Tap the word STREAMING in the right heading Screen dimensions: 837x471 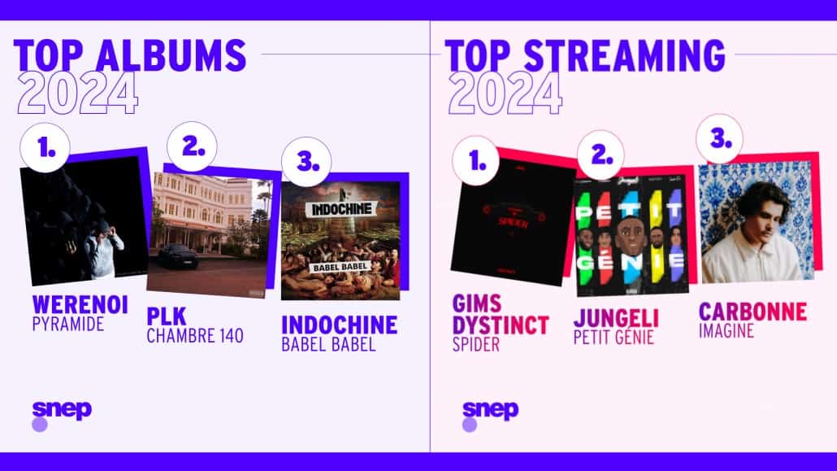coord(624,55)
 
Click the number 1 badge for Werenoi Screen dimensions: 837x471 coord(45,147)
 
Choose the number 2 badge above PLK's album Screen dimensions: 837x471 coord(192,146)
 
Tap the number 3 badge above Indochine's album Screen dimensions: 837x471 coord(306,161)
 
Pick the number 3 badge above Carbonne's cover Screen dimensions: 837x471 coord(719,139)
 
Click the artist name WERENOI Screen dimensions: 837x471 coord(80,305)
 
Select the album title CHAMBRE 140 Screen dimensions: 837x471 coord(195,336)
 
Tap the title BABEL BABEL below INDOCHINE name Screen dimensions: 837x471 coord(328,344)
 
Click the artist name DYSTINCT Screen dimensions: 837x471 coord(501,325)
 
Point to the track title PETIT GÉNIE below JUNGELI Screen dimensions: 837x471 coord(614,338)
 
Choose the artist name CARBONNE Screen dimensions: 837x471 coord(752,312)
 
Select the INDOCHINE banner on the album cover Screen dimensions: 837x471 coord(341,208)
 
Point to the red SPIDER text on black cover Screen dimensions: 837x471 coord(513,223)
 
